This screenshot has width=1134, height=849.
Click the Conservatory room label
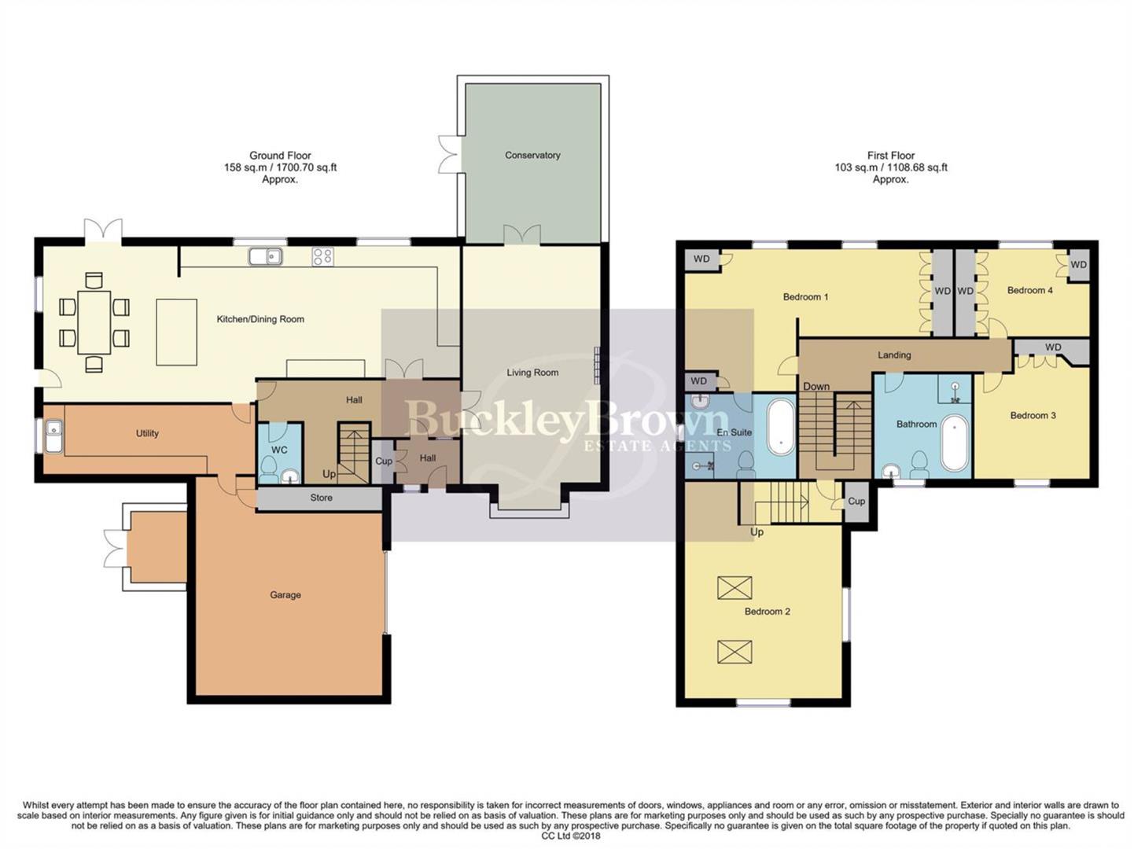532,156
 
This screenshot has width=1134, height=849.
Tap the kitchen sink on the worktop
265,256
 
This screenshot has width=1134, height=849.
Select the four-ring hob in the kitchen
322,256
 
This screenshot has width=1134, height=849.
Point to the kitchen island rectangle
176,332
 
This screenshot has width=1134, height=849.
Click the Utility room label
147,433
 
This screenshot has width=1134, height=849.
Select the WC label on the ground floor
279,450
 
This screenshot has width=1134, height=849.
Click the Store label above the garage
321,498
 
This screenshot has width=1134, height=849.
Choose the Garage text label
285,595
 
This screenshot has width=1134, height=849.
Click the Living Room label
532,373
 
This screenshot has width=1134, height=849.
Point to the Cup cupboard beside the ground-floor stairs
384,461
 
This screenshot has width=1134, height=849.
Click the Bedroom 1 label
805,297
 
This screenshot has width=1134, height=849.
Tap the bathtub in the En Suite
780,426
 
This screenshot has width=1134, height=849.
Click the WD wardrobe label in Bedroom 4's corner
1078,265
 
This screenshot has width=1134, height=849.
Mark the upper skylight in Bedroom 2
735,587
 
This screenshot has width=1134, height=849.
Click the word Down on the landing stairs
816,387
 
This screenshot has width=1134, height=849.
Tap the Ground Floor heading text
280,156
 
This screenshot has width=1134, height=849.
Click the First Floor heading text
891,156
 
